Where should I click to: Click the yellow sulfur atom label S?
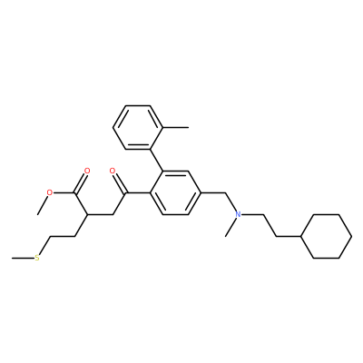[37, 258]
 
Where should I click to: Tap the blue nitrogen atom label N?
[239, 214]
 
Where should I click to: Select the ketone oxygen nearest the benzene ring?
[113, 171]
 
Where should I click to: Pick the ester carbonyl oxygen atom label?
[87, 171]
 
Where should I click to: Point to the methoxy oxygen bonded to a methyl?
[50, 192]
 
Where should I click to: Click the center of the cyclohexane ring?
[326, 236]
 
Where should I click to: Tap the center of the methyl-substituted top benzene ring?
[138, 127]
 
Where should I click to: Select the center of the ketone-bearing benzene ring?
[176, 192]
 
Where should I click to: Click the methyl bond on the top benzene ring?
[176, 127]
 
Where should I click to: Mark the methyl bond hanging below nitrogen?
[231, 226]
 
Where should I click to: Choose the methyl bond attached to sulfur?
[23, 258]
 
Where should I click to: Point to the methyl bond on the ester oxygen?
[43, 204]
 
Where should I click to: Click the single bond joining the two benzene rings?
[157, 160]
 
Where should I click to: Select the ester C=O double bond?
[81, 182]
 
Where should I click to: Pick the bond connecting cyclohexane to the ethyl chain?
[289, 236]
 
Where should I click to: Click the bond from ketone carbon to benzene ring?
[138, 192]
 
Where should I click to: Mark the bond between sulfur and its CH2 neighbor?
[44, 246]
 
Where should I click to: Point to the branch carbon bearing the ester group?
[87, 214]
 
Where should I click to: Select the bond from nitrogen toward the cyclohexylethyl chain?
[253, 214]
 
